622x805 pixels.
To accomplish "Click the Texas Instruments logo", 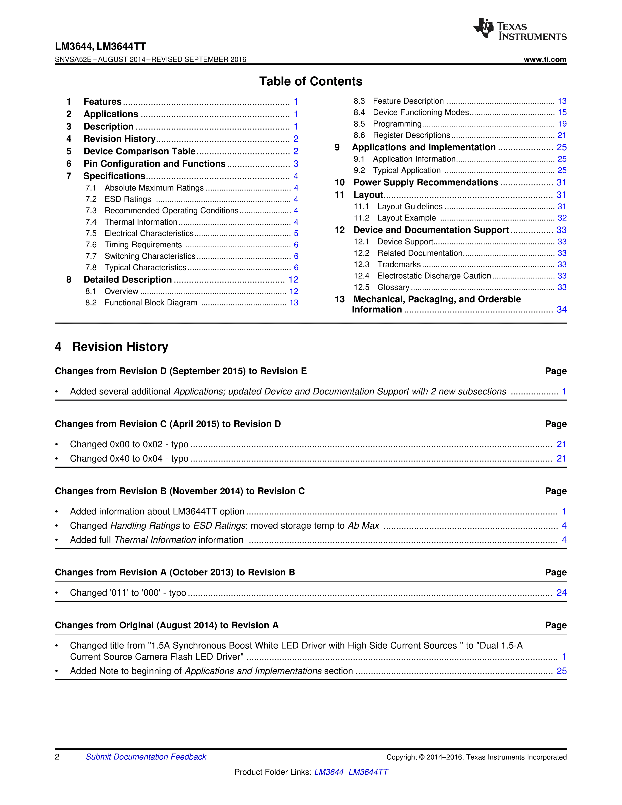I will [520, 29].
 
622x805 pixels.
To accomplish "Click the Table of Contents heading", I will [311, 81].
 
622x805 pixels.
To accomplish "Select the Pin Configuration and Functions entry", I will [154, 164].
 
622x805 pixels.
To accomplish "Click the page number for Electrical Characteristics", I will [296, 233].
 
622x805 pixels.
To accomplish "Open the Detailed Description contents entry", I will [128, 280].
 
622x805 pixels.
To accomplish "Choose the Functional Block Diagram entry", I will [151, 303].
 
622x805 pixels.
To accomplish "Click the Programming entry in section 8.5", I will [397, 124].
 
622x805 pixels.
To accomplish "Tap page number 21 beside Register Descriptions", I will [562, 135].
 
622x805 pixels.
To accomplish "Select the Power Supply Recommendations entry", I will [426, 182].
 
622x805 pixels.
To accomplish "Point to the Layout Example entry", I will [406, 218].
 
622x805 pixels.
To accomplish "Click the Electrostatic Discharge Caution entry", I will [434, 276].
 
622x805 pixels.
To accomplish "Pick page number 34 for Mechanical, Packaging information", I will [561, 310].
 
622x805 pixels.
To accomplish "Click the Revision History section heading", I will [120, 347].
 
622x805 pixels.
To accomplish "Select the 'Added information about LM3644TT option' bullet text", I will [157, 512].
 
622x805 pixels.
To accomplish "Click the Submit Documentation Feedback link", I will [146, 757].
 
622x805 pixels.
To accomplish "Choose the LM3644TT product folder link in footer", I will [368, 772].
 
